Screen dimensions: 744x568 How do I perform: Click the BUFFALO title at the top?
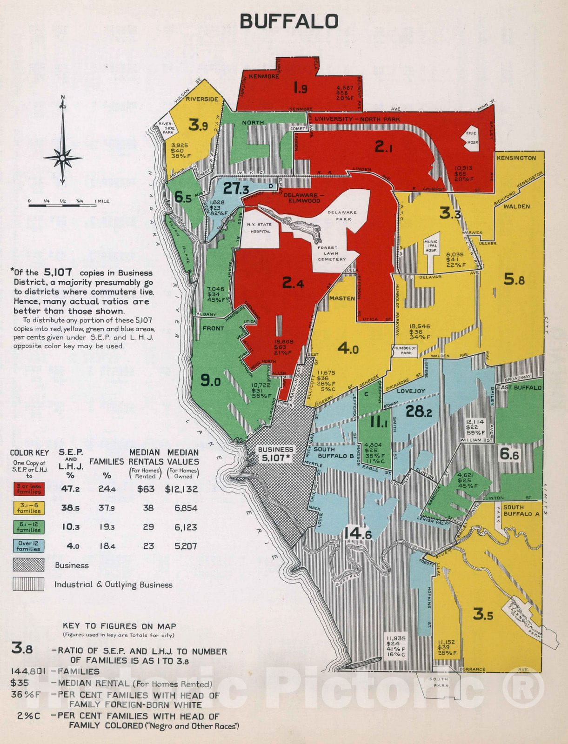289,21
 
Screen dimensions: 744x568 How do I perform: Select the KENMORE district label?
264,76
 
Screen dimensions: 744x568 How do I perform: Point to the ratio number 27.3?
236,188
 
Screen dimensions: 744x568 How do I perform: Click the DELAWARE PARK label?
342,215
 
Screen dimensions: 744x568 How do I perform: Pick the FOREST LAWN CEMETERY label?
332,253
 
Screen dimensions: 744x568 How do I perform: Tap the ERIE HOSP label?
472,138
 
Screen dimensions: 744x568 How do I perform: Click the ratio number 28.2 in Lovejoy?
419,411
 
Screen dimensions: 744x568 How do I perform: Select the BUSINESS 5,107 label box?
276,454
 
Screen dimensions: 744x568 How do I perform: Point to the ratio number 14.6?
357,534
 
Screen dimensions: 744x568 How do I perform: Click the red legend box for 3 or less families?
29,489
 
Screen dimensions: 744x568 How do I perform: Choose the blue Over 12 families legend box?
29,546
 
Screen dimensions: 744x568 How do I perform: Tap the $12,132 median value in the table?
181,489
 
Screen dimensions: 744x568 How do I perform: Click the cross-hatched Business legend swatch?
29,565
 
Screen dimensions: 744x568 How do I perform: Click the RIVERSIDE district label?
202,99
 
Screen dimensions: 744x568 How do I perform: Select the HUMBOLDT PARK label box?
404,351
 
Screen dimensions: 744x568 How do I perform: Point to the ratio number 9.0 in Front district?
210,381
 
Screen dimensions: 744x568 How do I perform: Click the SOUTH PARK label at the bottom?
438,682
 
